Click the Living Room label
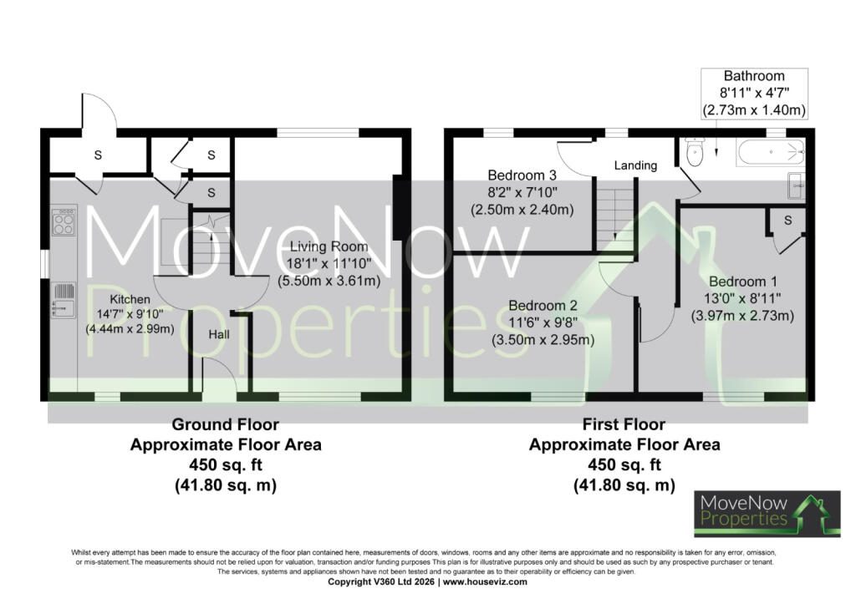329,246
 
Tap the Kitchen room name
130,299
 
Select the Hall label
219,334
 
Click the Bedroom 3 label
522,175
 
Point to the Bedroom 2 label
543,306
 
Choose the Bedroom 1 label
742,282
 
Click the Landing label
635,165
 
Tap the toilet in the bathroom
695,152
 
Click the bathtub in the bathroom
770,152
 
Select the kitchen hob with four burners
64,221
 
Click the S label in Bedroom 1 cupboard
787,221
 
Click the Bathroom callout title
754,76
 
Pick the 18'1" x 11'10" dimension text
329,263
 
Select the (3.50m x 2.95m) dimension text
543,340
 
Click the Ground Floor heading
226,424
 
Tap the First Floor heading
624,424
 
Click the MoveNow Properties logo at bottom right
767,514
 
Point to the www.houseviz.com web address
485,581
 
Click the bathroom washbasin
797,185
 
